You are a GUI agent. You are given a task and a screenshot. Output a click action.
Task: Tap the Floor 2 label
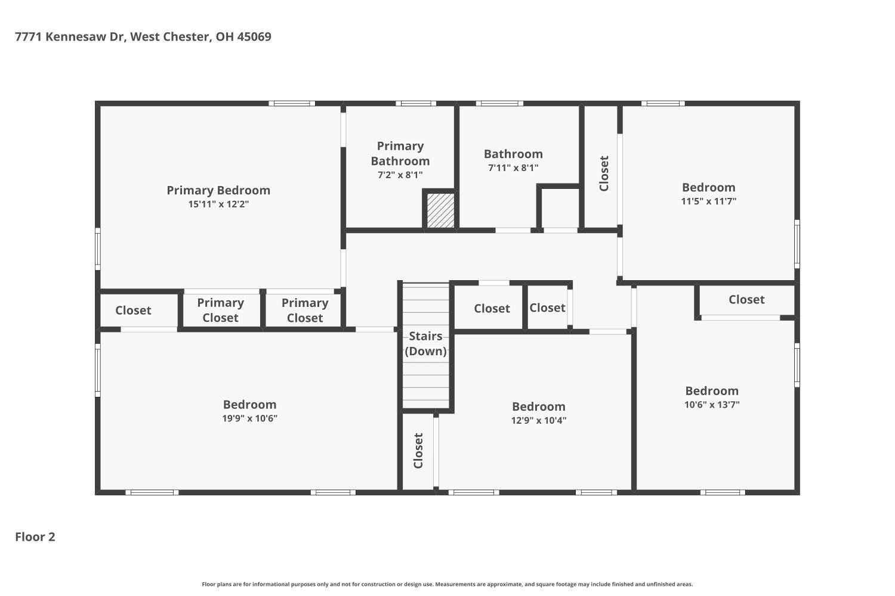pyautogui.click(x=35, y=537)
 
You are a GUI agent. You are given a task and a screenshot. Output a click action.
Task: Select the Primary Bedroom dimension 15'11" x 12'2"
pyautogui.click(x=218, y=204)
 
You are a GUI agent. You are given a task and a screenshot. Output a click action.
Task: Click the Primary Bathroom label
pyautogui.click(x=400, y=153)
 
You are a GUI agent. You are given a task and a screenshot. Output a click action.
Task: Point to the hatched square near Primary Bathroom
pyautogui.click(x=441, y=210)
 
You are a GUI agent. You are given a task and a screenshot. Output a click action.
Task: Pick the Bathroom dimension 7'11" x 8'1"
pyautogui.click(x=513, y=167)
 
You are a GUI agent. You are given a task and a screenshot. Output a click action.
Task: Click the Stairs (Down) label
pyautogui.click(x=425, y=343)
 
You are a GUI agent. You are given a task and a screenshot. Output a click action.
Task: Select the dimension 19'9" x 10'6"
pyautogui.click(x=250, y=418)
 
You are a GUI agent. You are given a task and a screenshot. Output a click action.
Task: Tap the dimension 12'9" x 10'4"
pyautogui.click(x=539, y=420)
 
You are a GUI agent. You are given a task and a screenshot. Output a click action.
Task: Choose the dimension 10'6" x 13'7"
pyautogui.click(x=712, y=404)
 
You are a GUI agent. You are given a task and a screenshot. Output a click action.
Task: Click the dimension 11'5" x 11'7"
pyautogui.click(x=709, y=201)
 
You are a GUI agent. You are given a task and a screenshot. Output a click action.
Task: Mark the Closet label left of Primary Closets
pyautogui.click(x=134, y=310)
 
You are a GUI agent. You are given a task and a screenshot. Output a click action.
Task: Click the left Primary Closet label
pyautogui.click(x=221, y=310)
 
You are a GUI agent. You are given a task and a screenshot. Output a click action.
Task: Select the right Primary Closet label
pyautogui.click(x=305, y=310)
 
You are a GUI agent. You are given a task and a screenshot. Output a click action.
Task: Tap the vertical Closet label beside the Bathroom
pyautogui.click(x=604, y=173)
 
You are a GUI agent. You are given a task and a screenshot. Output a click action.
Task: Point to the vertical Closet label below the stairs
pyautogui.click(x=418, y=451)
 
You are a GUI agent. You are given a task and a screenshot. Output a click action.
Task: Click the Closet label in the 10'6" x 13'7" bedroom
pyautogui.click(x=747, y=299)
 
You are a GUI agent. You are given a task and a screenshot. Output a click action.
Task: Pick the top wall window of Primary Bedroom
pyautogui.click(x=292, y=103)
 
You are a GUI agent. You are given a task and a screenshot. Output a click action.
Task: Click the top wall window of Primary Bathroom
pyautogui.click(x=416, y=103)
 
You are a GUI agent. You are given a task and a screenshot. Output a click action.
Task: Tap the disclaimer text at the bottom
pyautogui.click(x=447, y=584)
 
